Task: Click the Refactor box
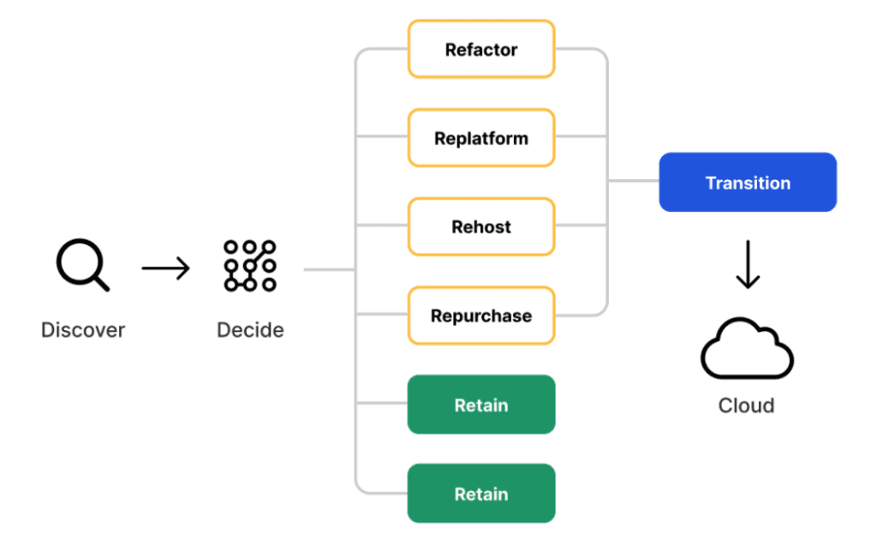481,49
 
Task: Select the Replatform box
481,138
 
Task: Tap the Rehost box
481,227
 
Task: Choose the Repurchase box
481,316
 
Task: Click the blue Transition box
748,182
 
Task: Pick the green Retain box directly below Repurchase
481,405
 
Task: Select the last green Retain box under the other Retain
481,493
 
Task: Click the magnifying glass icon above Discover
82,264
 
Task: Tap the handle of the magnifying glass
101,283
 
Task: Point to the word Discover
83,330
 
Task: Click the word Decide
250,330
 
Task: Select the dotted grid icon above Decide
250,266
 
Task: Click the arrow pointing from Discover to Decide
165,268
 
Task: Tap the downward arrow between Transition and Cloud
748,264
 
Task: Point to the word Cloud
746,406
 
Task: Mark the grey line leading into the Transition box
633,180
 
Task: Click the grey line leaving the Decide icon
330,269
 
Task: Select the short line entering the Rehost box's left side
382,225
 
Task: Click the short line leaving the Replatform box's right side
582,136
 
